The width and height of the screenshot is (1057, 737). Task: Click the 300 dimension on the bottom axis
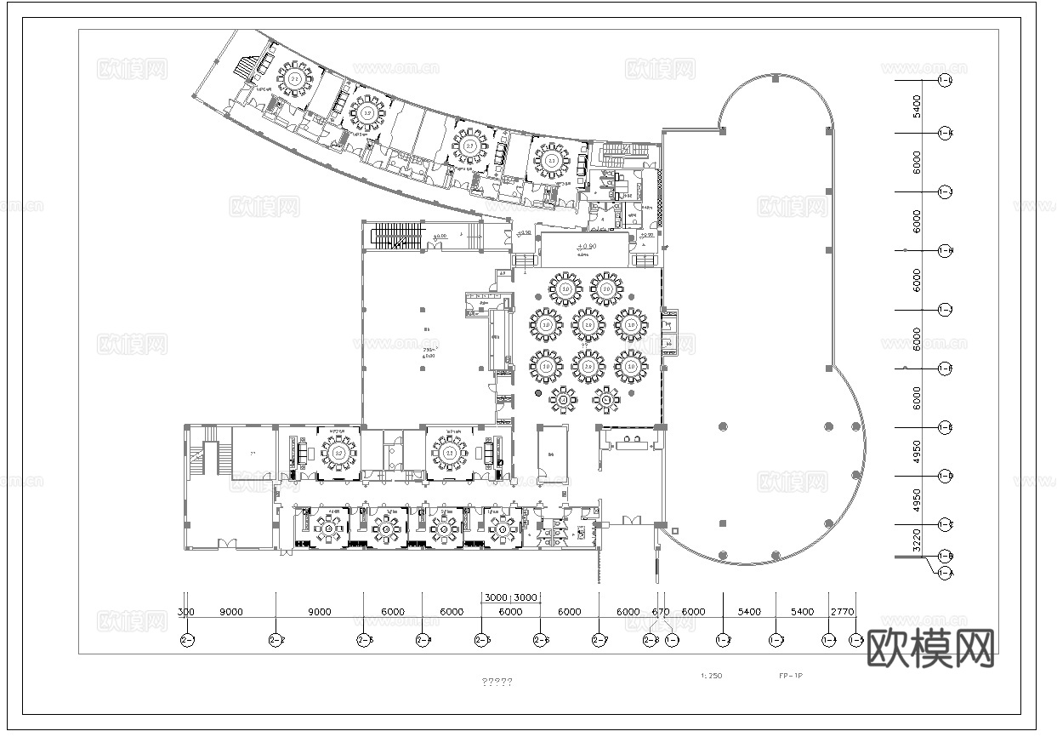186,612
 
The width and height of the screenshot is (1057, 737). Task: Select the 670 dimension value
660,612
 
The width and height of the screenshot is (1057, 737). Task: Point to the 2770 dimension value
842,612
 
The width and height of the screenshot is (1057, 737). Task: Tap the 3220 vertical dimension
917,541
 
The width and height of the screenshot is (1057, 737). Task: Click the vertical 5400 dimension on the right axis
917,106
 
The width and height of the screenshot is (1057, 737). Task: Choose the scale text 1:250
711,677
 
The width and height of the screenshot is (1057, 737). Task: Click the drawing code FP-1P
790,677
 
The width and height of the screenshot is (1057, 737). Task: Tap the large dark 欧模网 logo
930,649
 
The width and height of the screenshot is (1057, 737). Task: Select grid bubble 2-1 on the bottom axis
187,639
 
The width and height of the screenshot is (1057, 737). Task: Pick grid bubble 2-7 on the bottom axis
600,639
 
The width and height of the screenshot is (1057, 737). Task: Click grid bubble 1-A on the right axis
944,574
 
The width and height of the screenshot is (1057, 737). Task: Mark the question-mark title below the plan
497,682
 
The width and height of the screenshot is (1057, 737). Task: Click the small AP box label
502,274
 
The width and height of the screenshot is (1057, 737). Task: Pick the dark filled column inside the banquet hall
537,394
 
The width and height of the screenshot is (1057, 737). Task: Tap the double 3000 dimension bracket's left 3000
496,597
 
